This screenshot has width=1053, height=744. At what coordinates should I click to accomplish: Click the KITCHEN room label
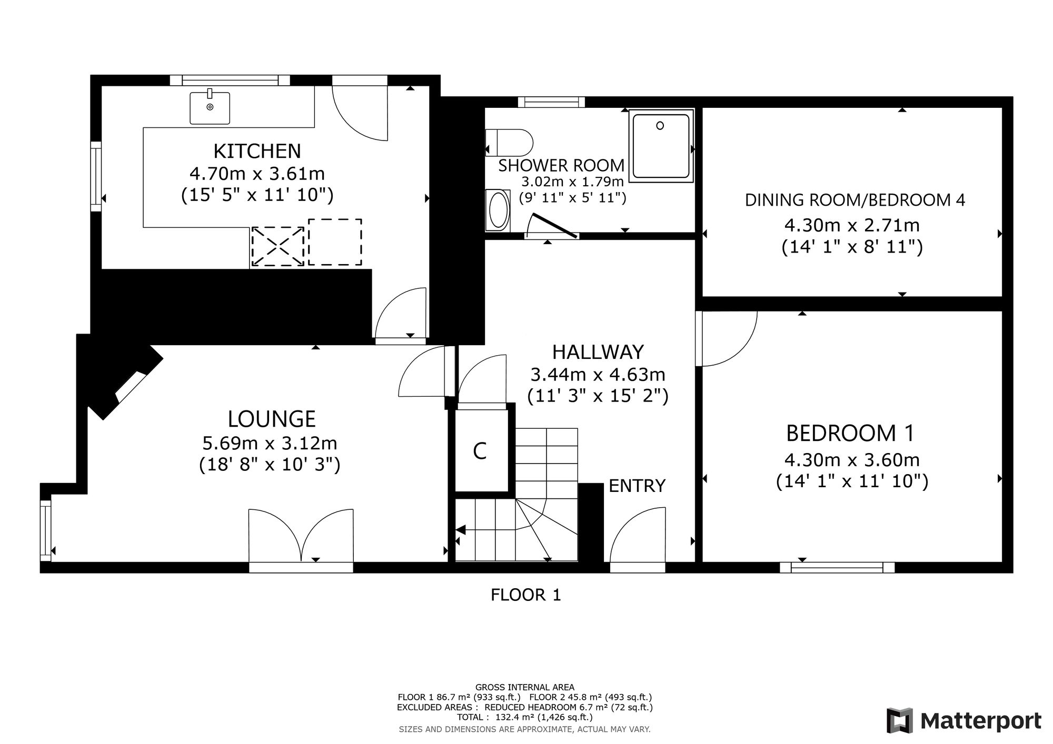tap(257, 151)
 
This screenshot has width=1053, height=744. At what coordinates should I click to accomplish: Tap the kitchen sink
tap(210, 108)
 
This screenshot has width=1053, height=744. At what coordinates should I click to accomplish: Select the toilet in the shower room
tap(509, 143)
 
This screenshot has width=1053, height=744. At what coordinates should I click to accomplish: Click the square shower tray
tap(661, 146)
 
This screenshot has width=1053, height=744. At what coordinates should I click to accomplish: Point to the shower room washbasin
tap(498, 210)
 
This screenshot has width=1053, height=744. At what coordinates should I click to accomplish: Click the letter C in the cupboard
tap(480, 451)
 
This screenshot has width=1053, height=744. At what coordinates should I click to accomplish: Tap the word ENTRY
tap(637, 486)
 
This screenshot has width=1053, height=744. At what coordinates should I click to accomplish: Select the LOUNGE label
tap(272, 419)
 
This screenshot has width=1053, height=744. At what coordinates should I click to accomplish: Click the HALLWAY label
tap(598, 351)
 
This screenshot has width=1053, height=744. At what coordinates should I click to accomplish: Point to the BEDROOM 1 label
tap(850, 433)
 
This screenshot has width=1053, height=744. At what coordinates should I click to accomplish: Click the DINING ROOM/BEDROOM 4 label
tap(855, 200)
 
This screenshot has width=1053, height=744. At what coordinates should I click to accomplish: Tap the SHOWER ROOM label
tap(561, 165)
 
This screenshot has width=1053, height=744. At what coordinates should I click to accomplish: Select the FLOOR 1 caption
tap(526, 595)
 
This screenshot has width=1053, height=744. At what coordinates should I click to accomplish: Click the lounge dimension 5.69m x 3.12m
tap(270, 443)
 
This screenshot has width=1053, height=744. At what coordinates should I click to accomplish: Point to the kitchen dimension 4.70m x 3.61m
tap(257, 173)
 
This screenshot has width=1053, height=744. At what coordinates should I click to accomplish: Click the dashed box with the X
tap(278, 246)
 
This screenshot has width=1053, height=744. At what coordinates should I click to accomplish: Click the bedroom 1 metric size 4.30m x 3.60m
tap(852, 460)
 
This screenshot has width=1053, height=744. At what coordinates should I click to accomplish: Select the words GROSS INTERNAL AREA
tap(525, 687)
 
